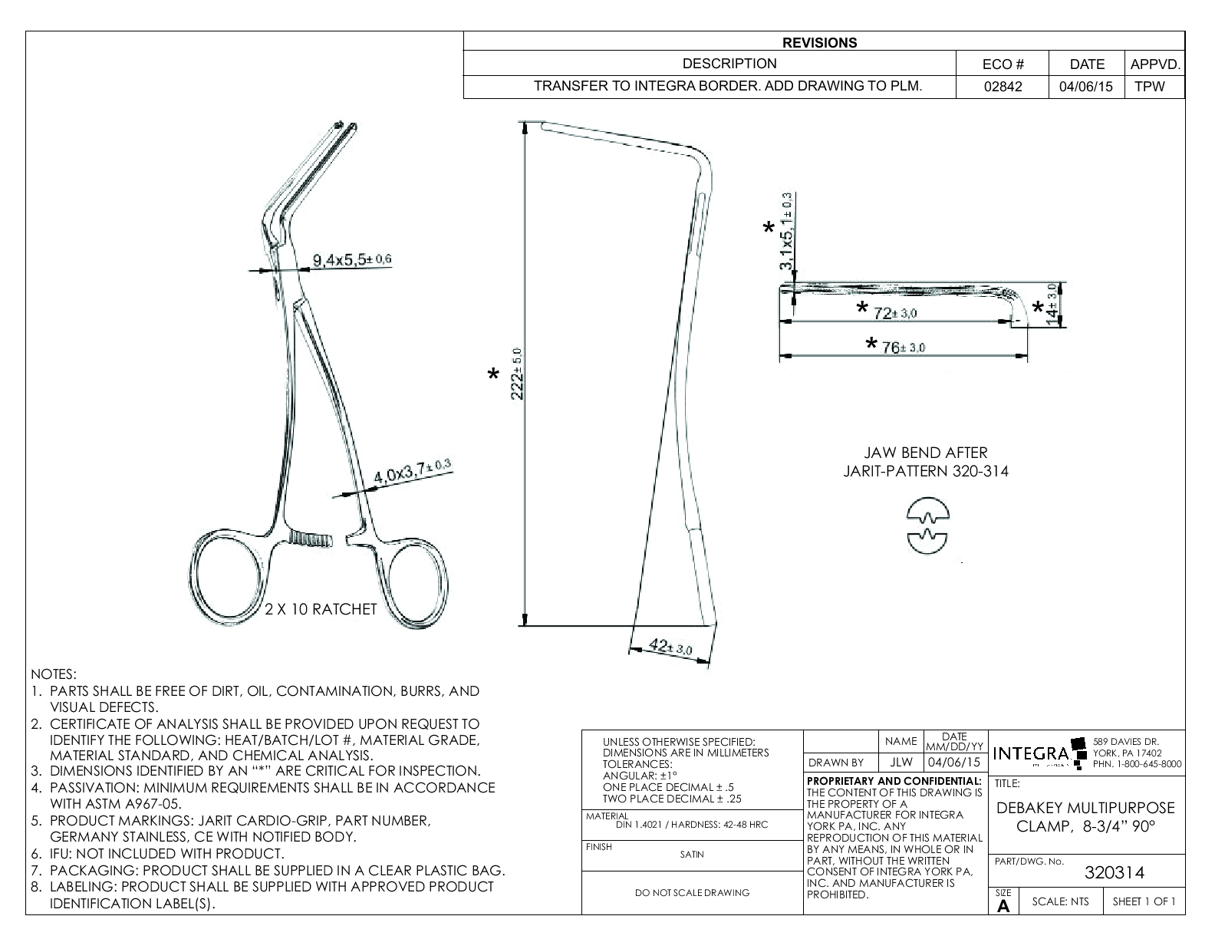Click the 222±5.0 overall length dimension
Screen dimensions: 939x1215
(x=518, y=374)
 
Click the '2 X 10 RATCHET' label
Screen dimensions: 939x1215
(x=321, y=610)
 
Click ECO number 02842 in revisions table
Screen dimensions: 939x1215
(x=1002, y=87)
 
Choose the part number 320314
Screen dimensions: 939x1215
(x=1114, y=873)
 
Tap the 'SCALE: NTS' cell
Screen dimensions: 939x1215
(x=1060, y=901)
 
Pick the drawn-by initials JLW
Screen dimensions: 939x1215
(x=901, y=763)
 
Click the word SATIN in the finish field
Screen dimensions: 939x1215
(x=691, y=854)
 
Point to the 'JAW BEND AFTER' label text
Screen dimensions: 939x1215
(x=926, y=453)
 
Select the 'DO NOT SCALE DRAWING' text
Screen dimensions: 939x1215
(x=691, y=892)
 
